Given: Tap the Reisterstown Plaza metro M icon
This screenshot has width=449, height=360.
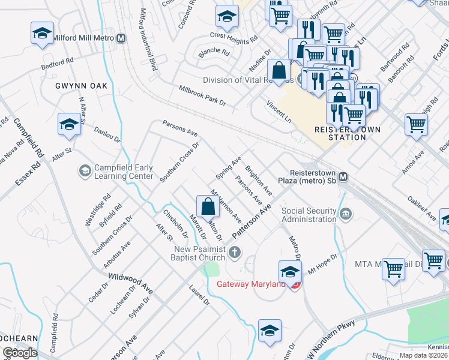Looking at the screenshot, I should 343,177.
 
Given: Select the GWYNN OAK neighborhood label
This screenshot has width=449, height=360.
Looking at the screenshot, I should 81,86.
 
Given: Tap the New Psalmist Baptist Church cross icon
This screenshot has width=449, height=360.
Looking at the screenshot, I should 235,252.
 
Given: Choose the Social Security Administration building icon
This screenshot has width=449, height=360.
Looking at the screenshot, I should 346,214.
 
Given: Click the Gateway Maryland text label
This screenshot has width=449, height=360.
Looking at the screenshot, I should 250,284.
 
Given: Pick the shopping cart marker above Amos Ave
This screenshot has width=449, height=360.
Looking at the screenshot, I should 416,125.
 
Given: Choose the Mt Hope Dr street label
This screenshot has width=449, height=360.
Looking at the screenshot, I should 324,265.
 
